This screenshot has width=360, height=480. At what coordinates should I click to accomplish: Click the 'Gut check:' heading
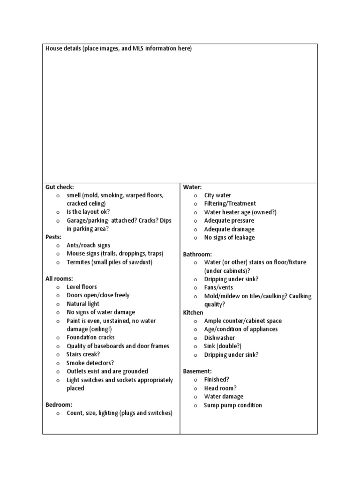tap(60, 187)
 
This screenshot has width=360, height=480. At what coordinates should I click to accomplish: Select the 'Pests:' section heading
tap(53, 237)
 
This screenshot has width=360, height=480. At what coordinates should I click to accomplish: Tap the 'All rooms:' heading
tap(59, 278)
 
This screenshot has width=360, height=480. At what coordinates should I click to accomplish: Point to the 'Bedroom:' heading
tap(59, 405)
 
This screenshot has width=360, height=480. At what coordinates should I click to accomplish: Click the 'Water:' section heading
tap(192, 187)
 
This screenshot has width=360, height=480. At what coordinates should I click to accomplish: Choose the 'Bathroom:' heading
tap(197, 254)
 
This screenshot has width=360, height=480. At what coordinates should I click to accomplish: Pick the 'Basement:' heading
tap(197, 371)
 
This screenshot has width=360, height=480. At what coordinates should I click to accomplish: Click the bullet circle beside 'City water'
tap(195, 195)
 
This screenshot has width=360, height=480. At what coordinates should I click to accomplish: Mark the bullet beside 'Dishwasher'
tap(195, 338)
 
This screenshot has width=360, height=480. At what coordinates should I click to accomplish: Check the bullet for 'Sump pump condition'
tap(195, 405)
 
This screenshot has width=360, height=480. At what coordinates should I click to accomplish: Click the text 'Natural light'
tap(83, 304)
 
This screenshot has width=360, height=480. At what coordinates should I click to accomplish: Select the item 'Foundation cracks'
tap(90, 337)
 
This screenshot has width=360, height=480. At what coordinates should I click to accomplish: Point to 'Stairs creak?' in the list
tap(83, 354)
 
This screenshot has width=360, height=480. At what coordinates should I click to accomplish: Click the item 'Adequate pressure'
tap(229, 221)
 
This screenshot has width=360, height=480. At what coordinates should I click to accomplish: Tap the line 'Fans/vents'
tap(218, 287)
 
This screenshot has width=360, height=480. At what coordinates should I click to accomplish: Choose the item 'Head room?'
tap(220, 388)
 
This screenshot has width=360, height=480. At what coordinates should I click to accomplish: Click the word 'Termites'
tap(78, 262)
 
